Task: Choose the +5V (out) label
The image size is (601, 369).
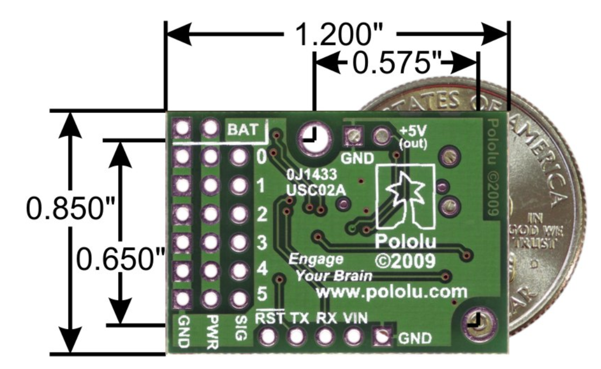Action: tap(412, 138)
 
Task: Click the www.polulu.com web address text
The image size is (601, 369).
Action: tap(391, 293)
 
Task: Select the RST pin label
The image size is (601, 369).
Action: tap(270, 318)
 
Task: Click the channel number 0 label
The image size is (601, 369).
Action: tap(262, 158)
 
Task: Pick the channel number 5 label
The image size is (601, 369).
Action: tap(262, 295)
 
